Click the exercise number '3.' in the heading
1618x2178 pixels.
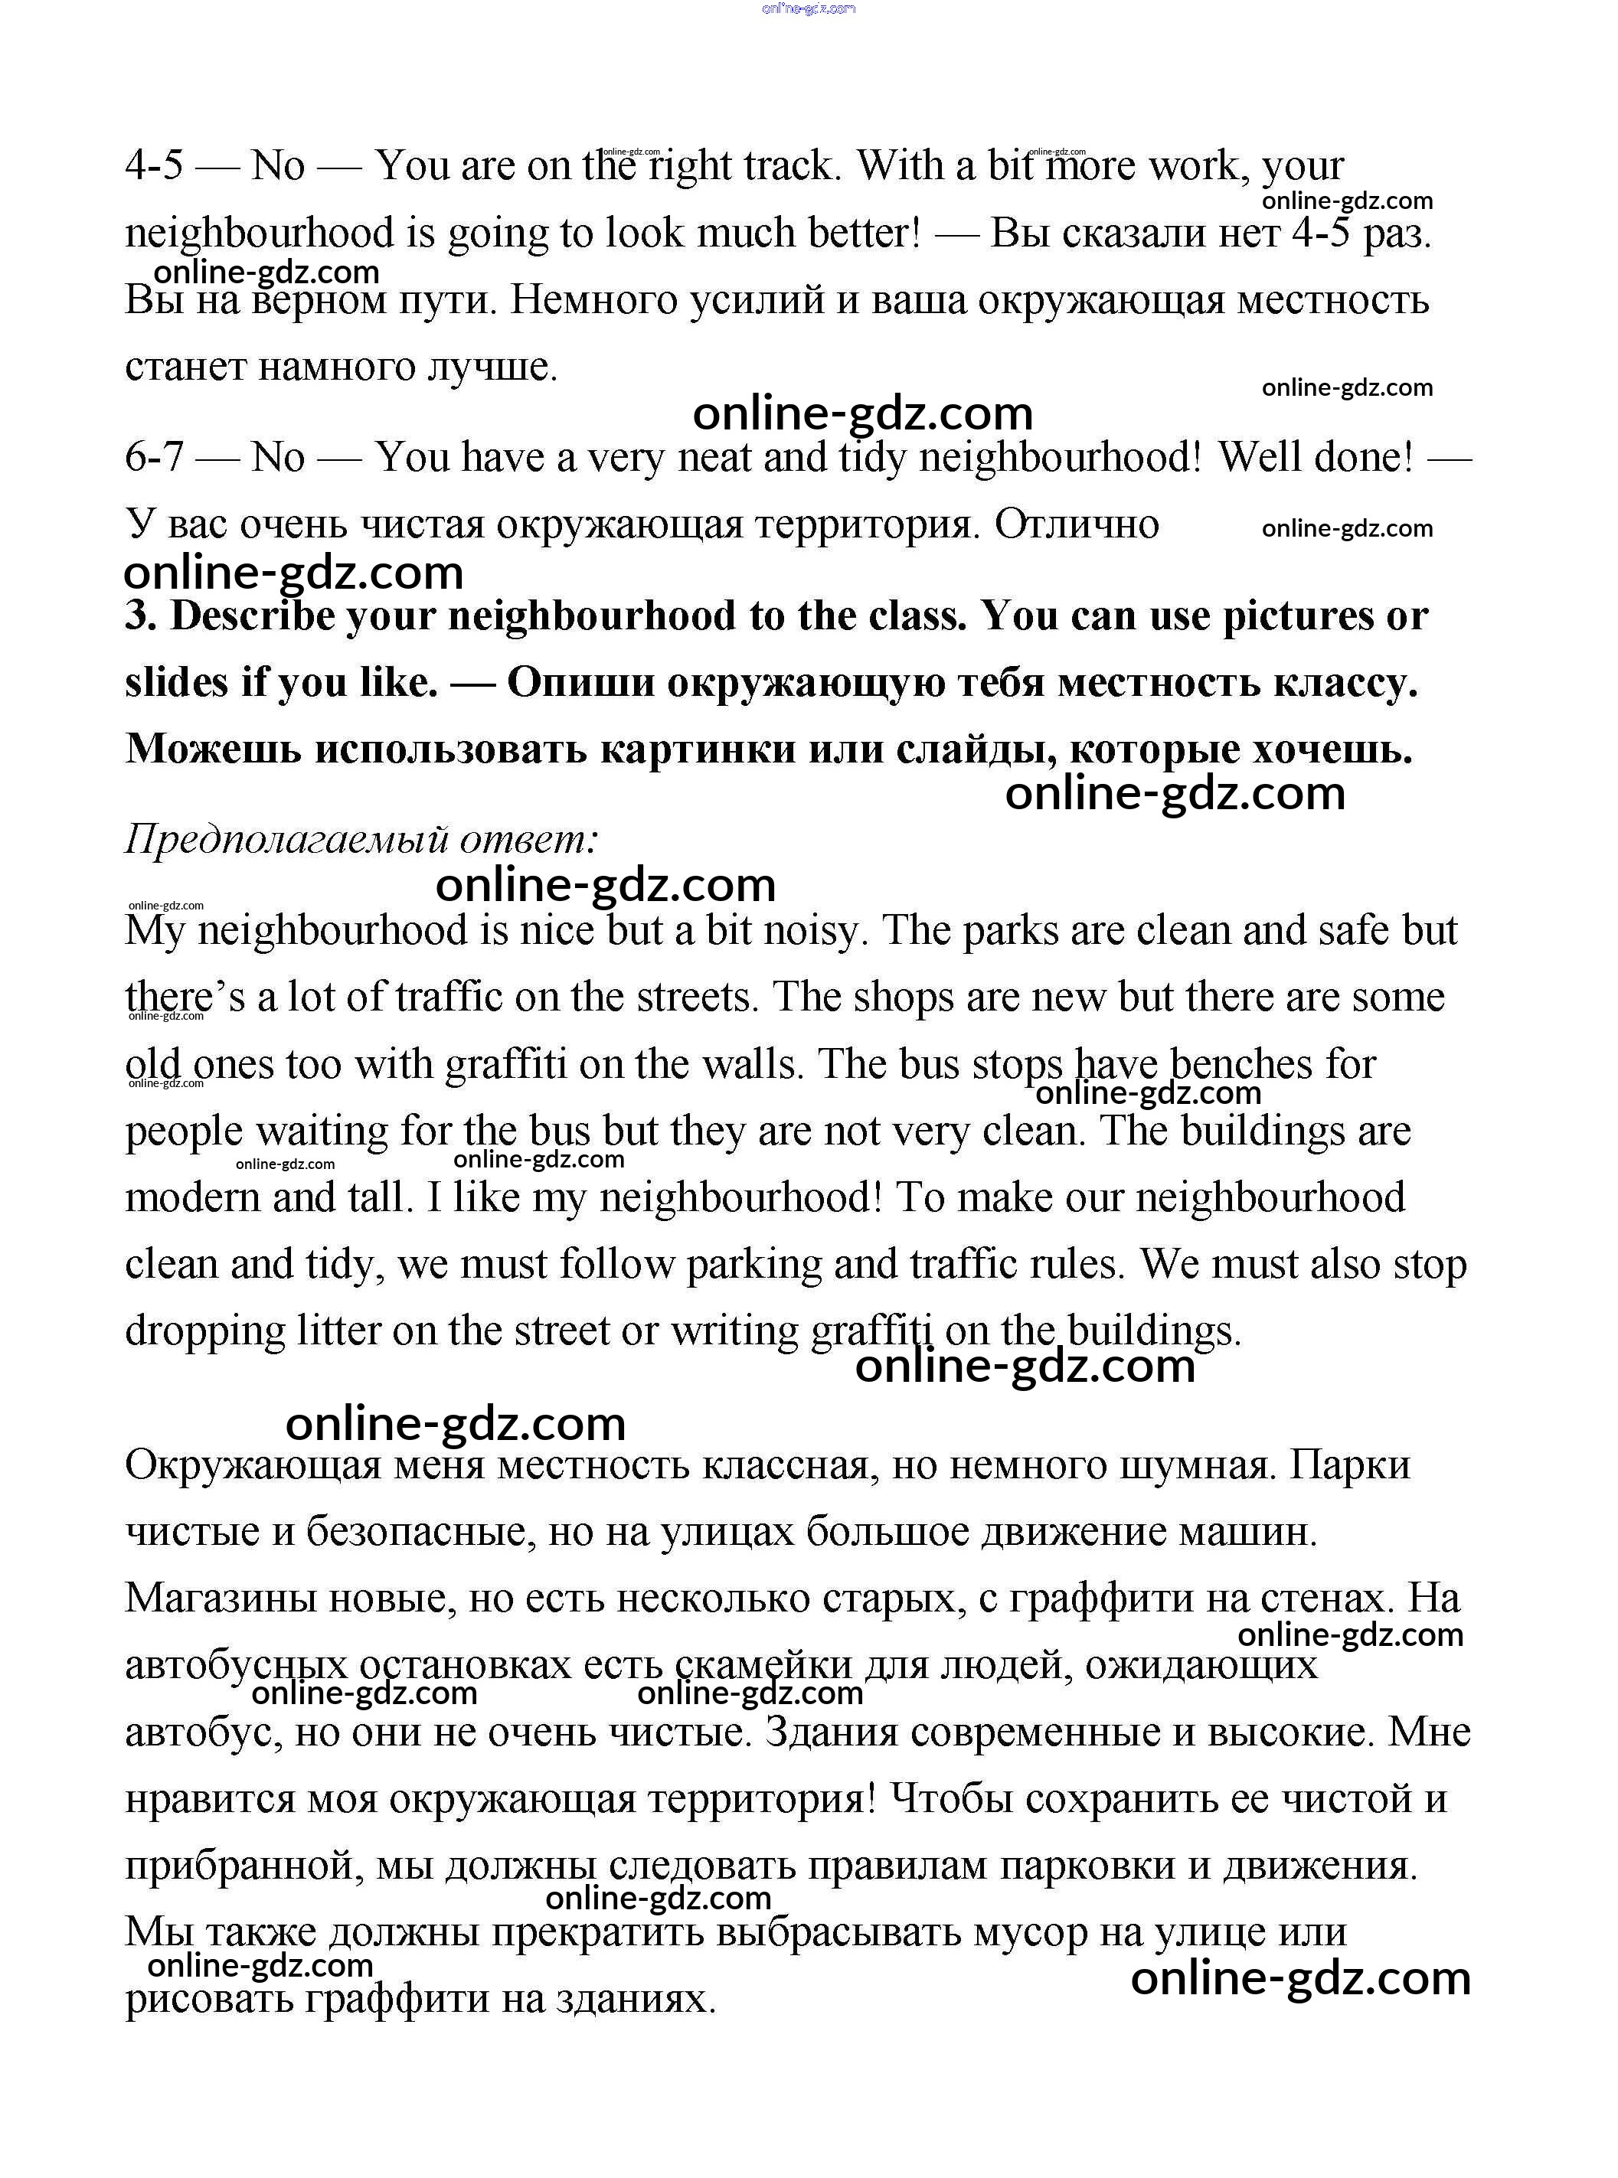141,617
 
